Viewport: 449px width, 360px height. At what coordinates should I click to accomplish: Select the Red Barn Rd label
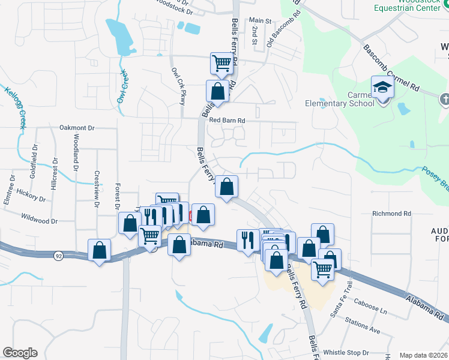(x=228, y=121)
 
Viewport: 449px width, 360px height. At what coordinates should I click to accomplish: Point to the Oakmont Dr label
(x=77, y=128)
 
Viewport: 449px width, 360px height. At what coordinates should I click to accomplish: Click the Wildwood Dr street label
(x=39, y=221)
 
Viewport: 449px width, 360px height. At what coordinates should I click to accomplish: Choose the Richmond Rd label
(x=391, y=214)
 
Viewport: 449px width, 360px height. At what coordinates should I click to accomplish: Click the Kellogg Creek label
(x=16, y=107)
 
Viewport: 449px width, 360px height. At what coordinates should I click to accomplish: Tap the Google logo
(x=20, y=353)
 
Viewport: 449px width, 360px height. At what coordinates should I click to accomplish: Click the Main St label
(x=260, y=20)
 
